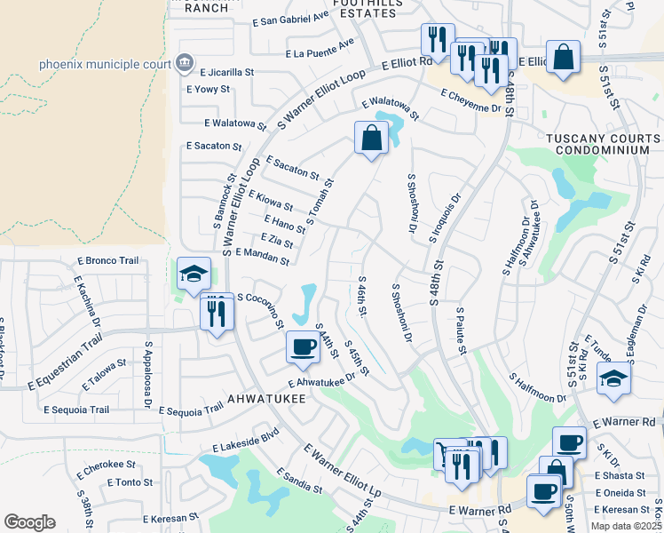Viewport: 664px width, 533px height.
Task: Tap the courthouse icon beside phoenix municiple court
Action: click(x=185, y=63)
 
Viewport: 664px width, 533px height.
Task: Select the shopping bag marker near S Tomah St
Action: click(x=371, y=139)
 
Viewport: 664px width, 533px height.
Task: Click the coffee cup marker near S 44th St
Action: click(x=303, y=347)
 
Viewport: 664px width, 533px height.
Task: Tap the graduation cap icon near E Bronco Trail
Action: click(x=193, y=274)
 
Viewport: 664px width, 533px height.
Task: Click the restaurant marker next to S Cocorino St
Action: click(x=216, y=313)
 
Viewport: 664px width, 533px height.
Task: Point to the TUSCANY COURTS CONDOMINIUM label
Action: click(x=603, y=145)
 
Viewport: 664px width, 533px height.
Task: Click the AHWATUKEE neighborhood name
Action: click(x=265, y=399)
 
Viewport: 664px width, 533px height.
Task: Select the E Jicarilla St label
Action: click(x=227, y=72)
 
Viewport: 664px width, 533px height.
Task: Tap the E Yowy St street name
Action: click(x=208, y=89)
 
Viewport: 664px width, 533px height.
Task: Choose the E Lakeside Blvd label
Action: click(x=245, y=434)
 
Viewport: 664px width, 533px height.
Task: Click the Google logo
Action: click(x=28, y=522)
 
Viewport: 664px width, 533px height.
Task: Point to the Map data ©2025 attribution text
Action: click(x=625, y=526)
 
